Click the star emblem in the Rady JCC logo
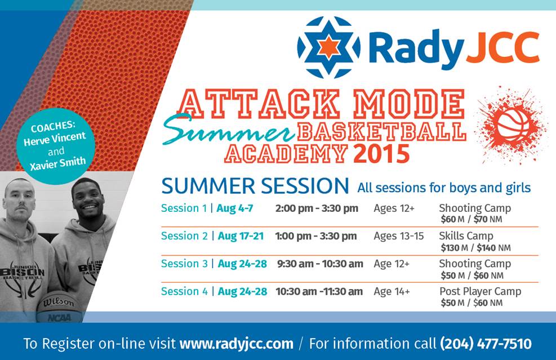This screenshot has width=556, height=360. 328,47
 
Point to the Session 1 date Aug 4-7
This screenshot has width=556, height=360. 235,208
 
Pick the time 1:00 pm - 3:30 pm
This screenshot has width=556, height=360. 316,236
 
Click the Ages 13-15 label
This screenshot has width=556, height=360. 398,236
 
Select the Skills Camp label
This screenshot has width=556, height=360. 466,236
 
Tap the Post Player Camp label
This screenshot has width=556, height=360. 480,291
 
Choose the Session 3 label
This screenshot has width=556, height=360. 184,264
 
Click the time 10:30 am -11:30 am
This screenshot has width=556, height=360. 319,291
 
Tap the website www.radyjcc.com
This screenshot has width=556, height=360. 236,343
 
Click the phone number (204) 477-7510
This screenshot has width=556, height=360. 485,343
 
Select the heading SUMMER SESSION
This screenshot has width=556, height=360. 255,185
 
